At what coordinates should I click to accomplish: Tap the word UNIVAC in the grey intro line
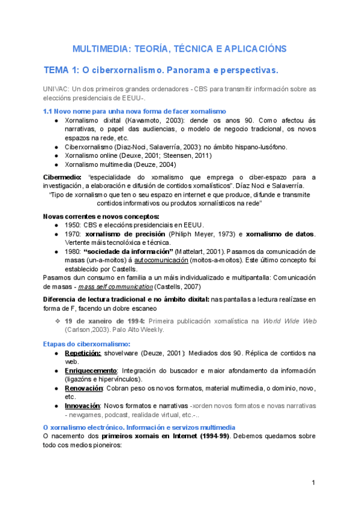[x=55, y=89]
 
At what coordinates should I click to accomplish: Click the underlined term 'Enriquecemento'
[x=92, y=370]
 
